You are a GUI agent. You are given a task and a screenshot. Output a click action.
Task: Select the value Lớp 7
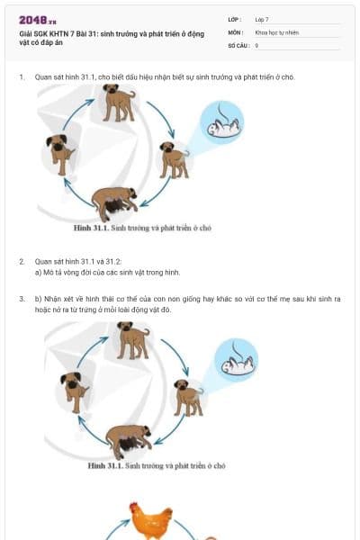point(262,18)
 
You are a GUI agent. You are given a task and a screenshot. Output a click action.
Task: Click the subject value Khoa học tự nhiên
point(276,31)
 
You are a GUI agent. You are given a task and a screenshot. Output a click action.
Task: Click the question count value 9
point(256,44)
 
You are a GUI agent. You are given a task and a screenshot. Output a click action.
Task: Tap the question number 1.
point(21,76)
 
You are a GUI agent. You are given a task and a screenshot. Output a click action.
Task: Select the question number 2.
point(21,261)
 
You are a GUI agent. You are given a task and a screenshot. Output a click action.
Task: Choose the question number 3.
point(21,297)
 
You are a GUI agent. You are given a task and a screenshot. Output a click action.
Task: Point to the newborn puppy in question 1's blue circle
point(220,129)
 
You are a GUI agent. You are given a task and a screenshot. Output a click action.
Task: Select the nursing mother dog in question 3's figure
point(129,439)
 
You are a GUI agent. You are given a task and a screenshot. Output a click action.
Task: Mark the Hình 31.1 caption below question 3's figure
point(157,466)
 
